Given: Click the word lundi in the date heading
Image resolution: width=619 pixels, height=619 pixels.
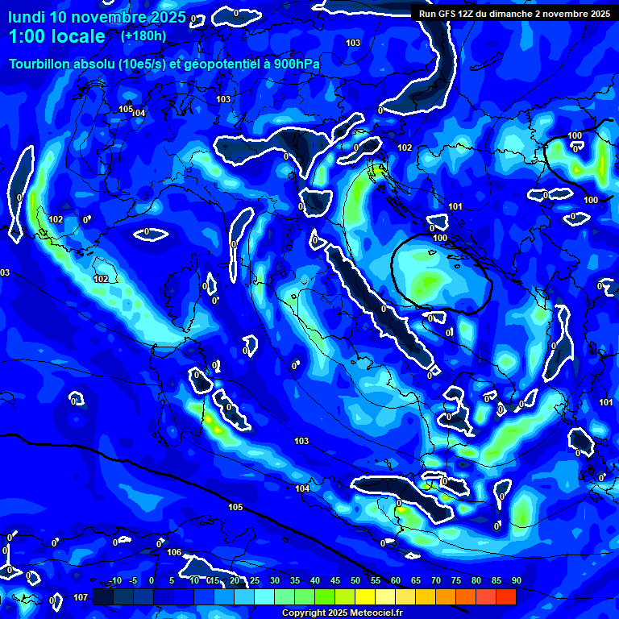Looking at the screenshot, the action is click(x=27, y=17).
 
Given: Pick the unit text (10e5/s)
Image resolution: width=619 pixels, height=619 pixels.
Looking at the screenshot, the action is click(x=122, y=64).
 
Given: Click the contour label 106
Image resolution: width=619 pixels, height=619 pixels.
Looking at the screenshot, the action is click(x=173, y=552).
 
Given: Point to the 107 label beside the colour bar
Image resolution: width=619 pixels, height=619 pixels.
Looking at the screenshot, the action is click(x=80, y=597).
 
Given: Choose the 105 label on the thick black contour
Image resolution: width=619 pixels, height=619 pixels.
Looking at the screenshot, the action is click(x=235, y=507).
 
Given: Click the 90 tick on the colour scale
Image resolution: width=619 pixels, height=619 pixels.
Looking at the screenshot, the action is click(x=516, y=580).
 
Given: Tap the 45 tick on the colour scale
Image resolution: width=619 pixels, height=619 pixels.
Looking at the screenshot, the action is click(x=335, y=580).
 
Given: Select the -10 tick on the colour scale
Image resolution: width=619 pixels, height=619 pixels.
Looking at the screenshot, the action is click(x=114, y=580).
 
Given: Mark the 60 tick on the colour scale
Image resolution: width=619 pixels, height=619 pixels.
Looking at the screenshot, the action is click(x=396, y=580).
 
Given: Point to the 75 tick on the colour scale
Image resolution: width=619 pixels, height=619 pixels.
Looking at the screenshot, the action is click(x=456, y=580).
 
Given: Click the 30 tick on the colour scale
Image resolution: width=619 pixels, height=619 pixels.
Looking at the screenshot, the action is click(x=275, y=580).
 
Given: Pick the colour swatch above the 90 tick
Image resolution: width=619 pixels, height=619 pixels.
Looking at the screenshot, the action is click(x=506, y=596).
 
